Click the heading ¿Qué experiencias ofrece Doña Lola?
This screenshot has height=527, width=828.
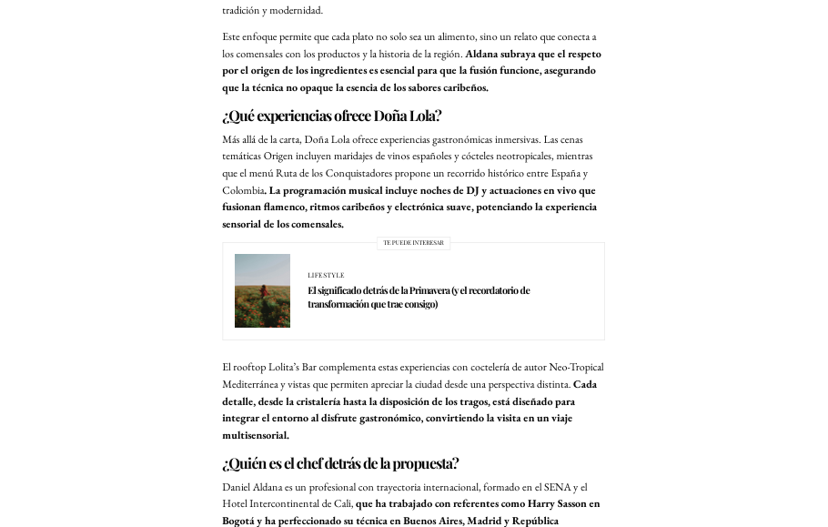(x=331, y=116)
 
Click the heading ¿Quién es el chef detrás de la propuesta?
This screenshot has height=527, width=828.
(x=340, y=463)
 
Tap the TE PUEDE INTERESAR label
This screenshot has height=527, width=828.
(x=413, y=243)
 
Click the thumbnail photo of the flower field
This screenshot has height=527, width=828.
(x=262, y=290)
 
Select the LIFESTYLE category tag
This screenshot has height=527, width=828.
(x=326, y=275)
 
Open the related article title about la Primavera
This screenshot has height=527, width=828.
(x=418, y=297)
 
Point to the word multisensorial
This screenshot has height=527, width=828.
(x=255, y=435)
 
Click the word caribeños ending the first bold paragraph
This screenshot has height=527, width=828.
(x=459, y=87)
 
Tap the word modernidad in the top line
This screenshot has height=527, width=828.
(x=297, y=10)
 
